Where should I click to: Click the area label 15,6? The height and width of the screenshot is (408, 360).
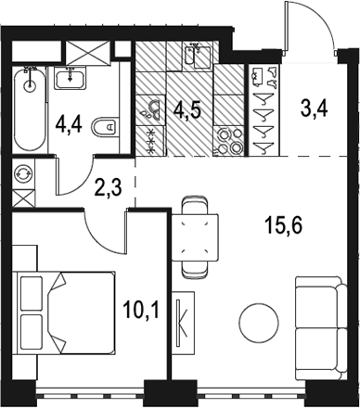click(283, 225)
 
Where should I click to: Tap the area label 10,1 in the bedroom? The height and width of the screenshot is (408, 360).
click(141, 310)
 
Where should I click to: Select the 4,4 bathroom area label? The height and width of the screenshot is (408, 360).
click(69, 126)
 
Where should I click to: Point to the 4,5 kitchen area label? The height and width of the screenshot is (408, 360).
click(187, 110)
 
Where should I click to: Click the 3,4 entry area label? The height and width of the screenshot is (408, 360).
click(314, 108)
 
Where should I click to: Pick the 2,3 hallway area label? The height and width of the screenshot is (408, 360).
click(109, 187)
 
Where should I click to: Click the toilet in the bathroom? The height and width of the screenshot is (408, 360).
click(106, 126)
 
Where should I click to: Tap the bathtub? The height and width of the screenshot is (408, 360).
click(30, 109)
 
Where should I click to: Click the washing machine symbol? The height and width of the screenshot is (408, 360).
click(23, 174)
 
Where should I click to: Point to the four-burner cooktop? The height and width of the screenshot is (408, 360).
click(228, 141)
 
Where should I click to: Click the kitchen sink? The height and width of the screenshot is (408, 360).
click(198, 56)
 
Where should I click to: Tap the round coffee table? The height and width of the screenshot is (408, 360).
click(259, 322)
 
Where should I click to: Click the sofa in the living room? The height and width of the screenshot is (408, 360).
click(321, 328)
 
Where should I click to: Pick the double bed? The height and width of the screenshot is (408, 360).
click(64, 312)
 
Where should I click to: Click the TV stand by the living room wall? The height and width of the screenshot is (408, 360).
click(183, 324)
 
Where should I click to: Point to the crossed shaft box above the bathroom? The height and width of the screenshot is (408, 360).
click(87, 53)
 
